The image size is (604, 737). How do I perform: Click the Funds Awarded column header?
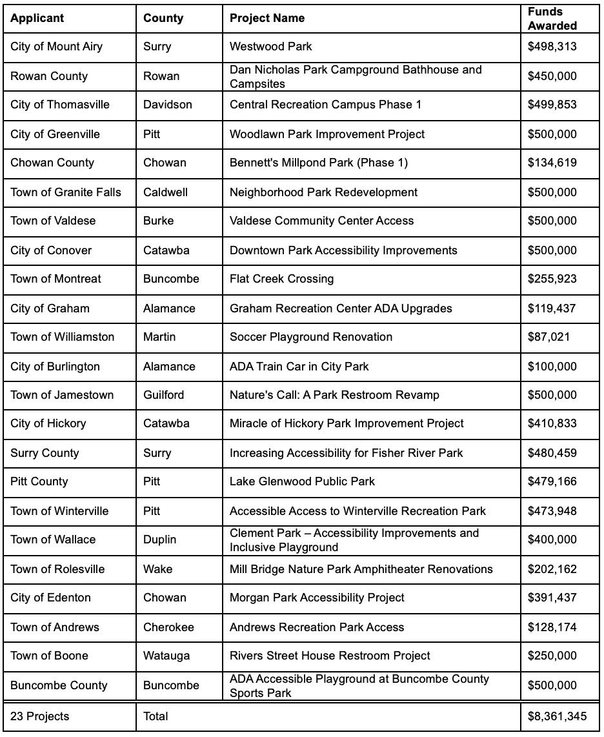(x=552, y=19)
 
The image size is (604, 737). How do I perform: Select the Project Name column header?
(x=267, y=19)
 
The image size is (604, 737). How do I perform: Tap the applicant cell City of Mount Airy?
(x=57, y=46)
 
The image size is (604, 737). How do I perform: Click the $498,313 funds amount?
(x=552, y=46)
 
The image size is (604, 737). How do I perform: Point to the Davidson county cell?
(x=168, y=105)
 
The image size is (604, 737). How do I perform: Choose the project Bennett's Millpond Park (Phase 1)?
(x=319, y=163)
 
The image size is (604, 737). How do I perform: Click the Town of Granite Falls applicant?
(x=66, y=192)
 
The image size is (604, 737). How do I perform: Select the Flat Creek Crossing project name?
(x=282, y=279)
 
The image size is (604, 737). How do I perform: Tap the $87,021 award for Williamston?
(x=549, y=337)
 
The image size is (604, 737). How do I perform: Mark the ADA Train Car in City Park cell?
(x=299, y=367)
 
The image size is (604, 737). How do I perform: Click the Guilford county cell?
(x=164, y=395)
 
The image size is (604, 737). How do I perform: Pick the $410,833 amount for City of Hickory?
(x=552, y=423)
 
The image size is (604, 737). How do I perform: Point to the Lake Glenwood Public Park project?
(x=302, y=481)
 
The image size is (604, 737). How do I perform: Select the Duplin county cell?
(x=160, y=540)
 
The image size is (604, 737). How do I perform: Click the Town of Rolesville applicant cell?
(x=57, y=569)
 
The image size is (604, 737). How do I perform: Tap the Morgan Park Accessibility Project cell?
(x=317, y=598)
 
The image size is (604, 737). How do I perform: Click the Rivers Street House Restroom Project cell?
(x=330, y=656)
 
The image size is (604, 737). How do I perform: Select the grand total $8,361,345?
(x=558, y=716)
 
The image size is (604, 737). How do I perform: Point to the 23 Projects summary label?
(x=40, y=716)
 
